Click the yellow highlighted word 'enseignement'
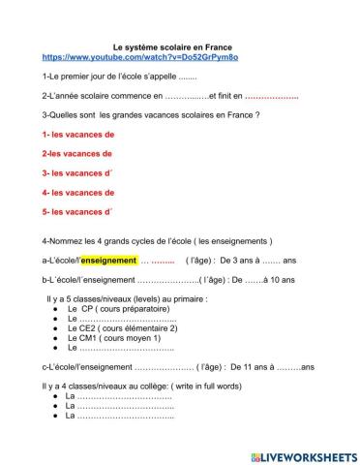(107, 261)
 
